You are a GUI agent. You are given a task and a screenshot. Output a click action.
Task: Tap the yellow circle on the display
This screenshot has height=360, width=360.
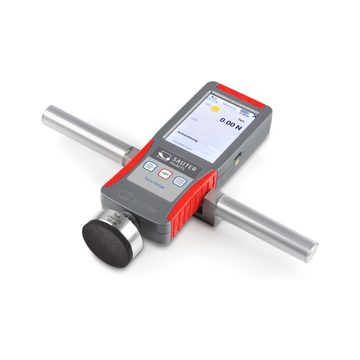click(214, 107)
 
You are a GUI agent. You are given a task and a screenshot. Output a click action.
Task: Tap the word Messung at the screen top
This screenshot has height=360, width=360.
click(229, 107)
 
